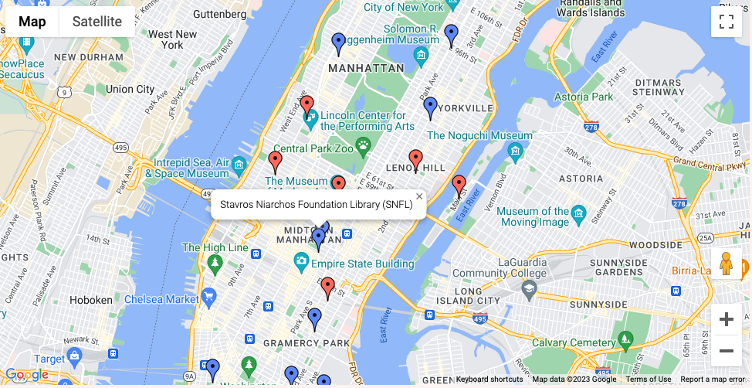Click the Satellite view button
(x=97, y=22)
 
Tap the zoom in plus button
(x=726, y=319)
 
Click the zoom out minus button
(x=726, y=351)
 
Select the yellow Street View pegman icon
(x=726, y=264)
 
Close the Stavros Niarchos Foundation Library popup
(x=419, y=196)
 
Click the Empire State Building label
(x=362, y=264)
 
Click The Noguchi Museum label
(x=479, y=135)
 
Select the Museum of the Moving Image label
(x=533, y=216)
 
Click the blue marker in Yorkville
(x=431, y=108)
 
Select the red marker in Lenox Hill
(x=416, y=160)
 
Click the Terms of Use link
(x=648, y=379)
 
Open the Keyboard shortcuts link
(x=489, y=379)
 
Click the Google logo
(x=26, y=375)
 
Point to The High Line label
(x=215, y=247)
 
